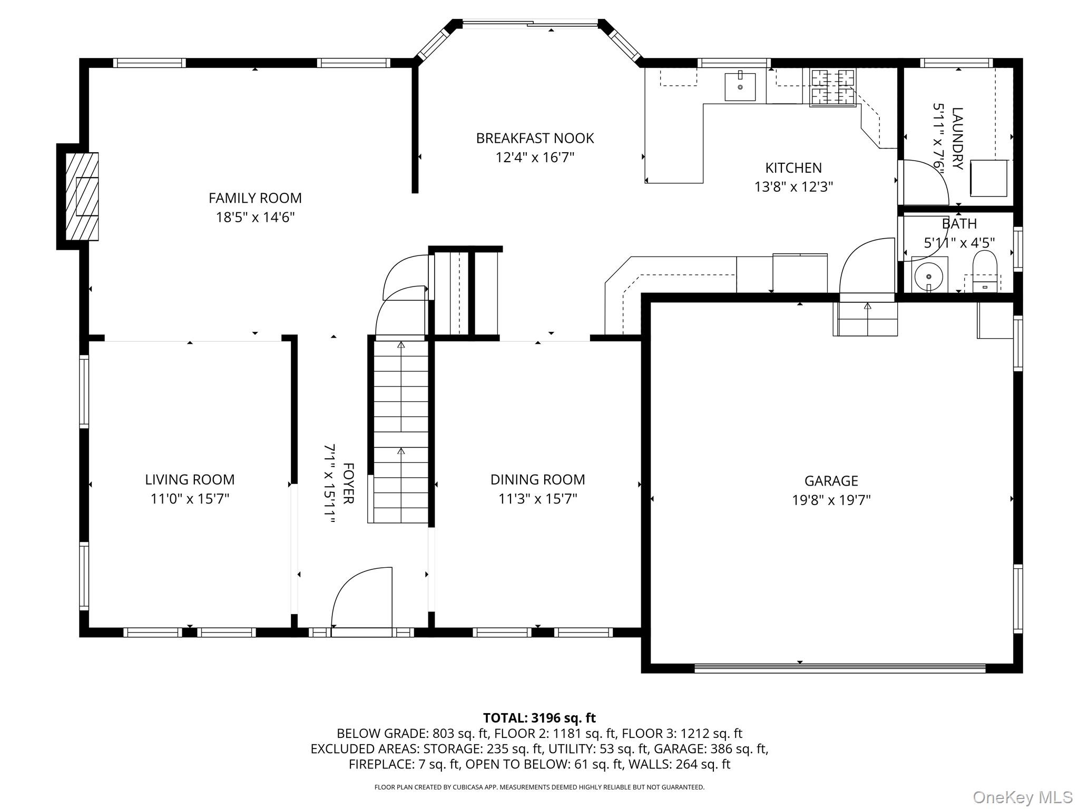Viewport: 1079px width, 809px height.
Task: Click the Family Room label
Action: coord(255,198)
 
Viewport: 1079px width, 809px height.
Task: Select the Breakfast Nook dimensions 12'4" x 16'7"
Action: coord(535,157)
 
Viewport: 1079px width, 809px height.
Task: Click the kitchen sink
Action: coord(740,86)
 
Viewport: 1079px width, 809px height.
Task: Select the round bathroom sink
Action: coord(929,275)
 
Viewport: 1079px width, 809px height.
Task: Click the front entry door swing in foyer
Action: coord(361,597)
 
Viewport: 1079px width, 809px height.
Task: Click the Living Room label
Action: coord(190,479)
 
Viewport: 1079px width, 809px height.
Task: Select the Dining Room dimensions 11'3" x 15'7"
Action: coord(538,499)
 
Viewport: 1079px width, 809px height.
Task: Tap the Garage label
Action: coord(831,480)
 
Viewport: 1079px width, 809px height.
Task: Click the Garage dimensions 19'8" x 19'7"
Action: coord(831,500)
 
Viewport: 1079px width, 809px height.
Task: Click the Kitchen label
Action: coord(793,167)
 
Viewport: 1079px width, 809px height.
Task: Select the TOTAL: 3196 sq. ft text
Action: coord(539,718)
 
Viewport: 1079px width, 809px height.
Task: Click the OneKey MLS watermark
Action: coord(1023,797)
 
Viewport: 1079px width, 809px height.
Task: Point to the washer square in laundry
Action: coord(989,178)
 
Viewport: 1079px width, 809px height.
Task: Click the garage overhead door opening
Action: coord(840,668)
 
